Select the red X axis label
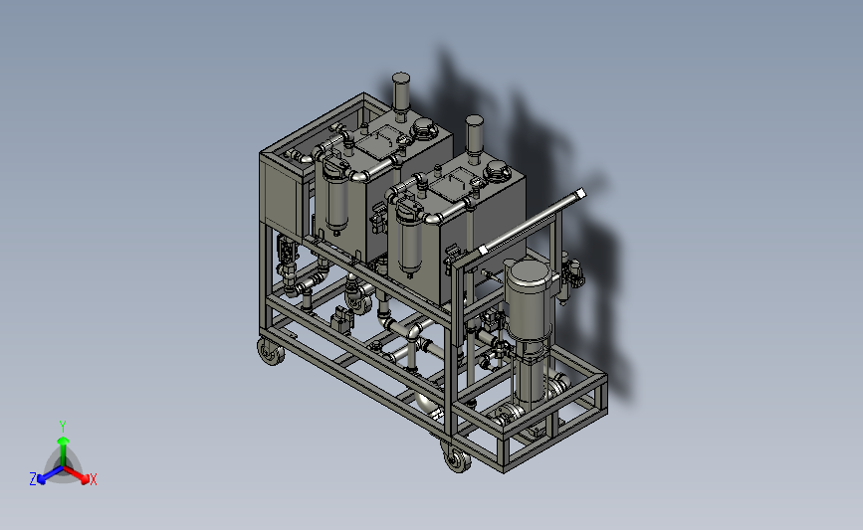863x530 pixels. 93,479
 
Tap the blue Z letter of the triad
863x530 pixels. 33,479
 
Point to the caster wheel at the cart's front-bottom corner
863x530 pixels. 457,458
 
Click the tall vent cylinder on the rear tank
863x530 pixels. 401,93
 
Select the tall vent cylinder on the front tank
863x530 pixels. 474,135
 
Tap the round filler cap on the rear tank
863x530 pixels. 424,129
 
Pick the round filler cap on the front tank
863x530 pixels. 497,171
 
